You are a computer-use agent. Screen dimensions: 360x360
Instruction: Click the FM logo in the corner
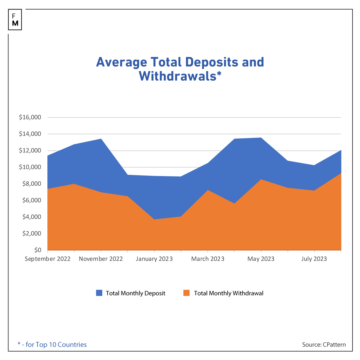[x=15, y=19]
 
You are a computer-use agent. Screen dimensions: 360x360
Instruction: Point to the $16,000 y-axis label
[x=30, y=117]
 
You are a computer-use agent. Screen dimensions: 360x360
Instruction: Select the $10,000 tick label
[x=30, y=167]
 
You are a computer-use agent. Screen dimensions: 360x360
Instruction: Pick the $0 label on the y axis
[x=37, y=250]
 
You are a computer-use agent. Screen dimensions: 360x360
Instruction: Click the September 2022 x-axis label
[x=47, y=259]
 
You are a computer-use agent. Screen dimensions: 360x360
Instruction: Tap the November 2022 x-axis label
[x=101, y=259]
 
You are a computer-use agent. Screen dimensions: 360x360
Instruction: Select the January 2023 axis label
[x=154, y=259]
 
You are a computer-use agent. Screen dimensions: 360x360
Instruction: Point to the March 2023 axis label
[x=208, y=259]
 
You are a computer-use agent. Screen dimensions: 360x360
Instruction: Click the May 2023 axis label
[x=261, y=259]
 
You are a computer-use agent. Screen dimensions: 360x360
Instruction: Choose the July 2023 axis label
[x=314, y=259]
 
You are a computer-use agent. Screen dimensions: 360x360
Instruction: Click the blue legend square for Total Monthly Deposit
[x=99, y=293]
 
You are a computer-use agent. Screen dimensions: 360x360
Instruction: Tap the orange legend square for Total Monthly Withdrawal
[x=187, y=293]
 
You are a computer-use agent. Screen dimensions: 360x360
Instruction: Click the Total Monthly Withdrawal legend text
[x=229, y=293]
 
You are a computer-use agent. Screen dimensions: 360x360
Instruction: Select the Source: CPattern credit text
[x=324, y=345]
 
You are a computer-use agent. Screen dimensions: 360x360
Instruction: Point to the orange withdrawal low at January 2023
[x=154, y=220]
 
